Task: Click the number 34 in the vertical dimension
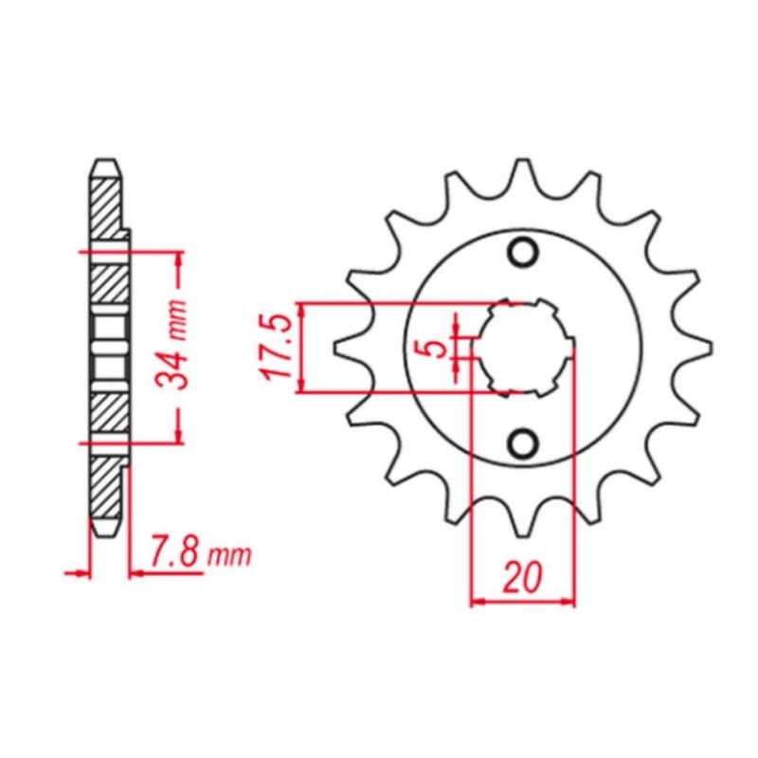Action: pyautogui.click(x=172, y=367)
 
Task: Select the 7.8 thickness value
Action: pyautogui.click(x=175, y=551)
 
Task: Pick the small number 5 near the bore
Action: pyautogui.click(x=436, y=349)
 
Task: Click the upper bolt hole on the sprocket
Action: pyautogui.click(x=522, y=253)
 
